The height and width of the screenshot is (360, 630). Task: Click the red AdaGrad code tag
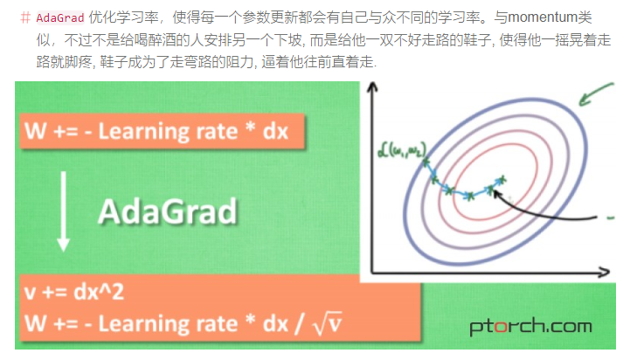(59, 18)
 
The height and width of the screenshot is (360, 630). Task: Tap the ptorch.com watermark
(530, 328)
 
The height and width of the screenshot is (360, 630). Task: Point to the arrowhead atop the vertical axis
(373, 87)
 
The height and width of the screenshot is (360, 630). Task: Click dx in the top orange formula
(273, 133)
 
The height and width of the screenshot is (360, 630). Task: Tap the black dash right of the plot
(609, 215)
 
